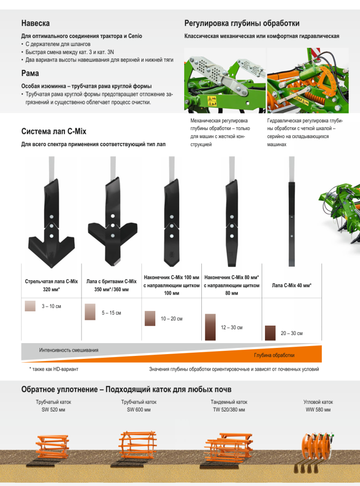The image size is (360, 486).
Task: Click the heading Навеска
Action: click(x=35, y=23)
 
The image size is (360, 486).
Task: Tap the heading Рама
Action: click(x=30, y=74)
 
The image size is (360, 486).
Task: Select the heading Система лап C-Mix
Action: click(x=54, y=131)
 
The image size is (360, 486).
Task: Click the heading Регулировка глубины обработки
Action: click(x=242, y=23)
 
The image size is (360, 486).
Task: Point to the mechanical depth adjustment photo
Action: click(x=225, y=81)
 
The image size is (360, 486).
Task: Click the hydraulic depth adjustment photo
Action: click(x=308, y=81)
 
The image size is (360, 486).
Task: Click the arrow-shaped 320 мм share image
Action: click(x=51, y=223)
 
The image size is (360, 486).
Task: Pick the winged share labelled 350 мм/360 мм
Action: click(x=113, y=221)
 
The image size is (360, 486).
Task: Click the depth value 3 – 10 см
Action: click(x=51, y=306)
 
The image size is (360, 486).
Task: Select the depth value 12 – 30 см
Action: click(x=232, y=327)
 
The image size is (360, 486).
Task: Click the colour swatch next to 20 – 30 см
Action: click(x=270, y=333)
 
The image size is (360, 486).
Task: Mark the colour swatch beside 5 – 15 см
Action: click(x=90, y=312)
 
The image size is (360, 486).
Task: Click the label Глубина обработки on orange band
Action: click(x=274, y=355)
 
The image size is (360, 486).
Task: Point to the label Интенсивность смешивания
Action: click(x=68, y=350)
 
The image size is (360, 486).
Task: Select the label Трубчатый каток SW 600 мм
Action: click(x=139, y=406)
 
